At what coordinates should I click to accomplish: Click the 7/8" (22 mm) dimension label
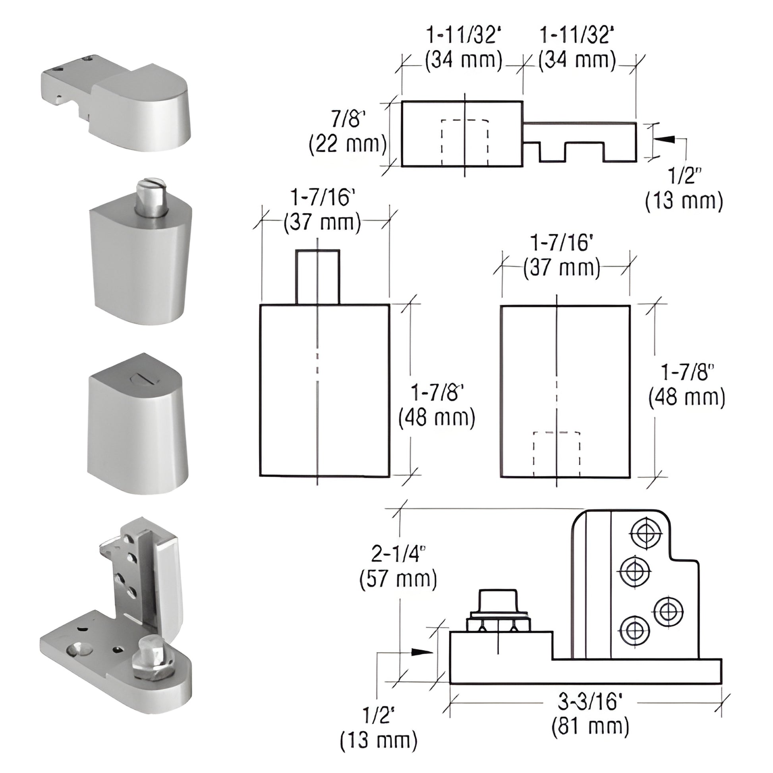click(x=347, y=132)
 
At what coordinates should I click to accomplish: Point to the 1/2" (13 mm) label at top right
click(x=684, y=188)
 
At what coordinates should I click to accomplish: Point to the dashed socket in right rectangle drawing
click(x=557, y=454)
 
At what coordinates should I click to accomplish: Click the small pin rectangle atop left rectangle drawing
click(x=318, y=277)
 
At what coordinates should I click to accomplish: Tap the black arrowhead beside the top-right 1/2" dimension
click(x=666, y=140)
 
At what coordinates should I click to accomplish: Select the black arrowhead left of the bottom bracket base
click(x=422, y=651)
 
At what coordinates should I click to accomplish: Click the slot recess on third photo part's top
click(x=137, y=377)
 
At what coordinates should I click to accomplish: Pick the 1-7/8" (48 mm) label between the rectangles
click(x=437, y=405)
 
